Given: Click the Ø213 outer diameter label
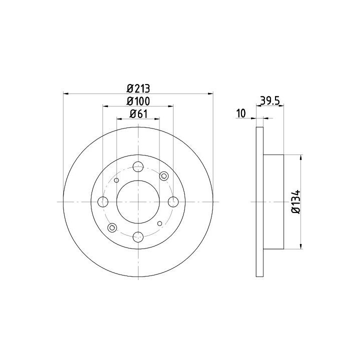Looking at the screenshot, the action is (x=138, y=88).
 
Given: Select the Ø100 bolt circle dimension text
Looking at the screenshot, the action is (x=138, y=101).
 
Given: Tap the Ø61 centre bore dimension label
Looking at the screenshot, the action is (x=138, y=113).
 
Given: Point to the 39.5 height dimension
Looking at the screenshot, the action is (x=269, y=100).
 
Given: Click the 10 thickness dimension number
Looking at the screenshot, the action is (x=241, y=113).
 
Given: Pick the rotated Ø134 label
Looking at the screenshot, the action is (x=295, y=202).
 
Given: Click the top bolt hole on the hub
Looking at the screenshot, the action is (x=138, y=167).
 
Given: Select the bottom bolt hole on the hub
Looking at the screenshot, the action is (x=138, y=236).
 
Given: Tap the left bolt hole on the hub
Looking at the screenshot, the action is (x=103, y=202).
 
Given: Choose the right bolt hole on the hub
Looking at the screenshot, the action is (x=173, y=202).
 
